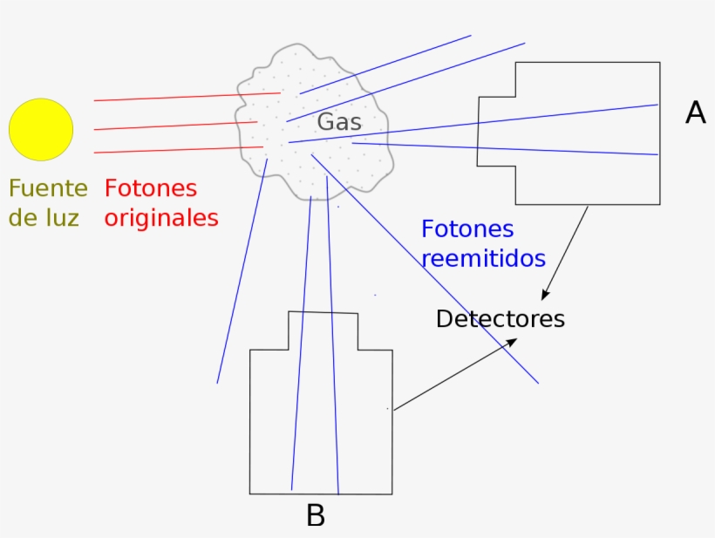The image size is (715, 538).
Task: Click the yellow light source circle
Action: click(41, 129)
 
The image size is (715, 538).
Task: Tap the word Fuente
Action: click(48, 188)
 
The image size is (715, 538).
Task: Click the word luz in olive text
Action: click(62, 217)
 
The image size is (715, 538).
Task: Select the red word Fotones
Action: click(151, 188)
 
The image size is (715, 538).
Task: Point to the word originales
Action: click(161, 217)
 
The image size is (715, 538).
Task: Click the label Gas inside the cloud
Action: click(338, 122)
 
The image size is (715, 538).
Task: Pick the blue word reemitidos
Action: click(483, 259)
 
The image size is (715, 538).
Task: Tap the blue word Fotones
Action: click(467, 230)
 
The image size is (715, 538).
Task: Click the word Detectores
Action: click(500, 319)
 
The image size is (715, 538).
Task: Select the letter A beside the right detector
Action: click(695, 112)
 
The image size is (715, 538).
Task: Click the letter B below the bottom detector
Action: click(316, 516)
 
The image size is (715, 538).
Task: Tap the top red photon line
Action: click(174, 97)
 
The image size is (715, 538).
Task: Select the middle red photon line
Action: click(174, 126)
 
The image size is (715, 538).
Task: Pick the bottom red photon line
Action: click(174, 150)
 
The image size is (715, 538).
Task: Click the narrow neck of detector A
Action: click(496, 131)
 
